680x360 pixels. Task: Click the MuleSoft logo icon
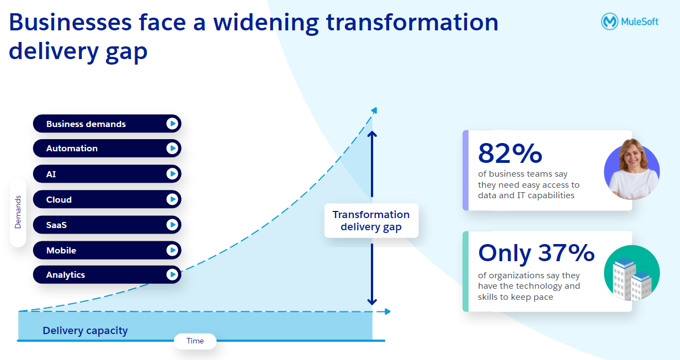click(609, 22)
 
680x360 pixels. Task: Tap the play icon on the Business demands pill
click(172, 124)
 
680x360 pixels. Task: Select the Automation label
click(72, 149)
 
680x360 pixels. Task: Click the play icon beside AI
click(172, 174)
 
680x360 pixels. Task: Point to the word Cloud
click(59, 199)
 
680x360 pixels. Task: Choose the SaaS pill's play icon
click(172, 225)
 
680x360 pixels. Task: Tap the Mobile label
click(61, 250)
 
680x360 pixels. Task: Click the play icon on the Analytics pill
click(172, 274)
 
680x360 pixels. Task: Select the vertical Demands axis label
click(18, 212)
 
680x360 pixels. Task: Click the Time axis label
click(195, 341)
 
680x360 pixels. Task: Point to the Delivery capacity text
click(85, 331)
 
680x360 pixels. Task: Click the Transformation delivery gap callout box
click(371, 220)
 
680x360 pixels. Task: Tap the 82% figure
click(510, 153)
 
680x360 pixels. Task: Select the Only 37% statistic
click(536, 253)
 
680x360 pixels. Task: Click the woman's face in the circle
click(633, 156)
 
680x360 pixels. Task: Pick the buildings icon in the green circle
click(631, 279)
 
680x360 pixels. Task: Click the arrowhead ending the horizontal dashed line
click(387, 311)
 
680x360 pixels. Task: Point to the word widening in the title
click(266, 23)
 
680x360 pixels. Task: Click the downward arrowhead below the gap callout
click(372, 302)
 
